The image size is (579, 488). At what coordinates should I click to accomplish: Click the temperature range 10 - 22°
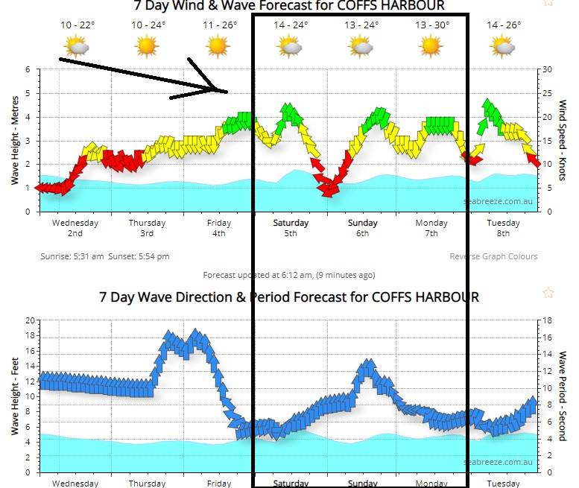coord(77,25)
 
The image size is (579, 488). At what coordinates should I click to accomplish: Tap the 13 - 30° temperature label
coord(432,25)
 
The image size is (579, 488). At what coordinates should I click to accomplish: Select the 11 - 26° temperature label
coord(219,25)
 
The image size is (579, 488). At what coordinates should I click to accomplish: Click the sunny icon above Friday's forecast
coord(218,47)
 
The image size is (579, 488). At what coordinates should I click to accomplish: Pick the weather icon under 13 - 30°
coord(431,47)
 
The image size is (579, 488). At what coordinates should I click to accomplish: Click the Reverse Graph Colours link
coord(493,256)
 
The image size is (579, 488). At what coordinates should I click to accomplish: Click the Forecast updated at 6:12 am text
coord(289,275)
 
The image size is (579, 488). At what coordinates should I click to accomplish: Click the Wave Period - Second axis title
coord(564,396)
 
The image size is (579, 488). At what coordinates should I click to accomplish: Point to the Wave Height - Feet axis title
coord(14,396)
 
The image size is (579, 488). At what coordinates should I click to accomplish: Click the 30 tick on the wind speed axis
coord(547,70)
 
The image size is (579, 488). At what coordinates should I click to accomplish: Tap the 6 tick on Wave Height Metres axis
coord(28,70)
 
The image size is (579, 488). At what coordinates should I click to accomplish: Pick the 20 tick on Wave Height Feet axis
coord(30,320)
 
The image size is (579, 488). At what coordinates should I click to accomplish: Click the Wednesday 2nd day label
coord(75,228)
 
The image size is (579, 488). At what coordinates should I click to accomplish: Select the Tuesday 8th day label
coord(503,228)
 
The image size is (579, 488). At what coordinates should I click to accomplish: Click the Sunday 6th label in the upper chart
coord(362,228)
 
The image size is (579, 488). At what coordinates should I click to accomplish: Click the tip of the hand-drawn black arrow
coord(226,91)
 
